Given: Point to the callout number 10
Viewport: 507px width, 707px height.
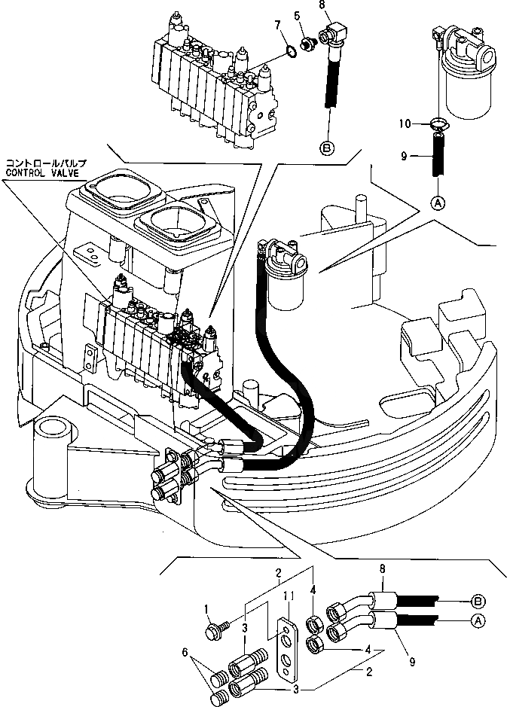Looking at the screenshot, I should click(404, 122).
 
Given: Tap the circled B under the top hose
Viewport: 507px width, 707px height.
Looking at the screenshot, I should click(328, 148).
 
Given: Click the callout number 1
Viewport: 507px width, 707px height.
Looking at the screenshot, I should click(208, 607).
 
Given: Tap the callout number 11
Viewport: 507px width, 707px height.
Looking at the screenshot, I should click(287, 596).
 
